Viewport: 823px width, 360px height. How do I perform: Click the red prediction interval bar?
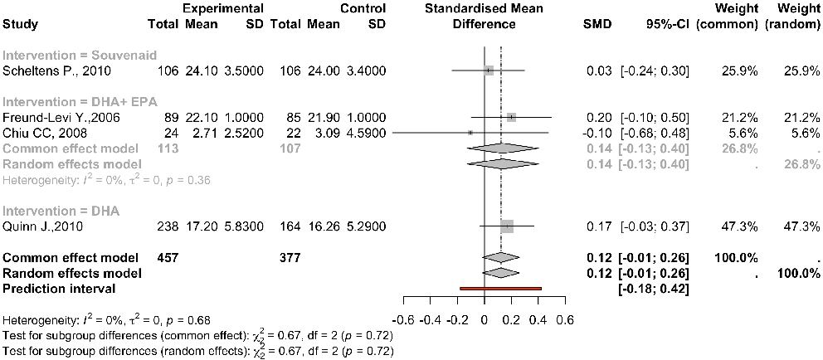click(500, 288)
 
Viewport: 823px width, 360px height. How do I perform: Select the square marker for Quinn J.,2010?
click(507, 226)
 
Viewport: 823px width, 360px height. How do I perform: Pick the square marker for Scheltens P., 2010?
click(489, 71)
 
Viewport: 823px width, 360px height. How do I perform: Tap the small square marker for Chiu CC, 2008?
click(470, 132)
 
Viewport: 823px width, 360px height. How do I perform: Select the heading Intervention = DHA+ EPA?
click(69, 102)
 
